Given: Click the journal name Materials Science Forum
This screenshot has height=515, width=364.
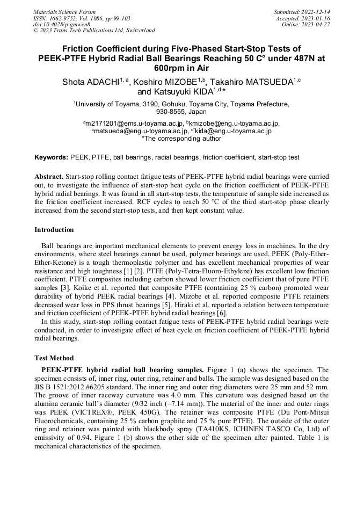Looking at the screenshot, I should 64,11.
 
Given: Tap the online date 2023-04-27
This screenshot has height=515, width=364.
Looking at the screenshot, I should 317,24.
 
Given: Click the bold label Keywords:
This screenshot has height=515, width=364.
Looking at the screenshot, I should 52,158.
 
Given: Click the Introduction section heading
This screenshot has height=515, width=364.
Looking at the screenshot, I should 54,230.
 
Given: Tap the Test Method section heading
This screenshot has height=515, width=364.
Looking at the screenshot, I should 54,358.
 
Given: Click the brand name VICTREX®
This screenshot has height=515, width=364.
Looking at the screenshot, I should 78,412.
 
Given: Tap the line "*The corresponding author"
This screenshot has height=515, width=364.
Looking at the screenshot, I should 181,138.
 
